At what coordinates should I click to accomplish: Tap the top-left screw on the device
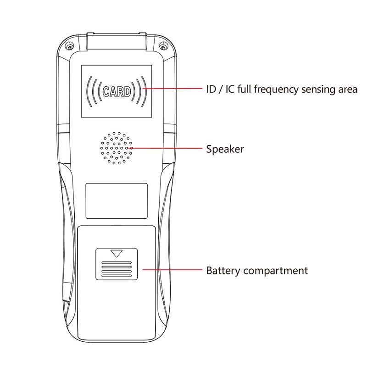(x=70, y=47)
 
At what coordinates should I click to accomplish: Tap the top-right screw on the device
(x=164, y=47)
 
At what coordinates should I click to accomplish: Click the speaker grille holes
(x=117, y=148)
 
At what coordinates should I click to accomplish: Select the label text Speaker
(x=225, y=149)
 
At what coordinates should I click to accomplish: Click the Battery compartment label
(x=257, y=271)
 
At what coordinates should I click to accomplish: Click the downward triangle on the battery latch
(x=117, y=253)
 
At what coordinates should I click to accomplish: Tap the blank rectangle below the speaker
(x=117, y=201)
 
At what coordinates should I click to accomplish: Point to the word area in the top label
(x=347, y=89)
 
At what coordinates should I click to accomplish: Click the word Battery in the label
(x=223, y=271)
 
